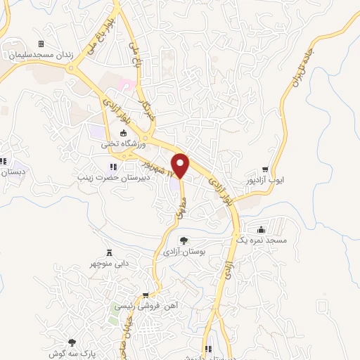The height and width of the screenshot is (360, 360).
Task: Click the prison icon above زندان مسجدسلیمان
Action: pos(40,44)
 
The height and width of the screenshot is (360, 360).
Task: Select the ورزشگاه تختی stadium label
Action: pos(122,143)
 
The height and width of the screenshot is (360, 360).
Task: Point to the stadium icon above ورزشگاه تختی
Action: pos(124,134)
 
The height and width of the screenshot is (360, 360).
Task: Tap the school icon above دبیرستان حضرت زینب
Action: pos(113,167)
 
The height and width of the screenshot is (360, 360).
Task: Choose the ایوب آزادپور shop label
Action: pos(266,180)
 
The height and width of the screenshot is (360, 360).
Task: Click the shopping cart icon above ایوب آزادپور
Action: pos(265,169)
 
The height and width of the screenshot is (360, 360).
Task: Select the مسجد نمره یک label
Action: pos(262,240)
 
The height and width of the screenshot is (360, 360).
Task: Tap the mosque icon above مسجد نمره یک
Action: pos(262,230)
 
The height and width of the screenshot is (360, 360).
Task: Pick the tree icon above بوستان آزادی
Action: pos(184,240)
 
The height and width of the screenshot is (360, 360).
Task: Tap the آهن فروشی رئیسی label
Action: pos(146,307)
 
